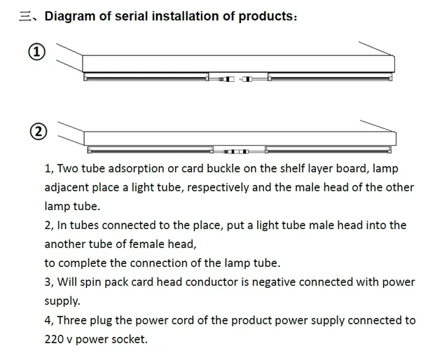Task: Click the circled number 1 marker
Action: [x=36, y=52]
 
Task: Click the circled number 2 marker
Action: [x=39, y=132]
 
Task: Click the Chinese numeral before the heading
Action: [x=25, y=16]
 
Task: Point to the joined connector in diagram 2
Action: [x=236, y=152]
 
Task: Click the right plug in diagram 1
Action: [x=246, y=79]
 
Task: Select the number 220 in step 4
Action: [x=54, y=339]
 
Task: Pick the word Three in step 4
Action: [x=72, y=320]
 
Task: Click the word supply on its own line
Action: [x=62, y=301]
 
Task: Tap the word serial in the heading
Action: [x=131, y=16]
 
